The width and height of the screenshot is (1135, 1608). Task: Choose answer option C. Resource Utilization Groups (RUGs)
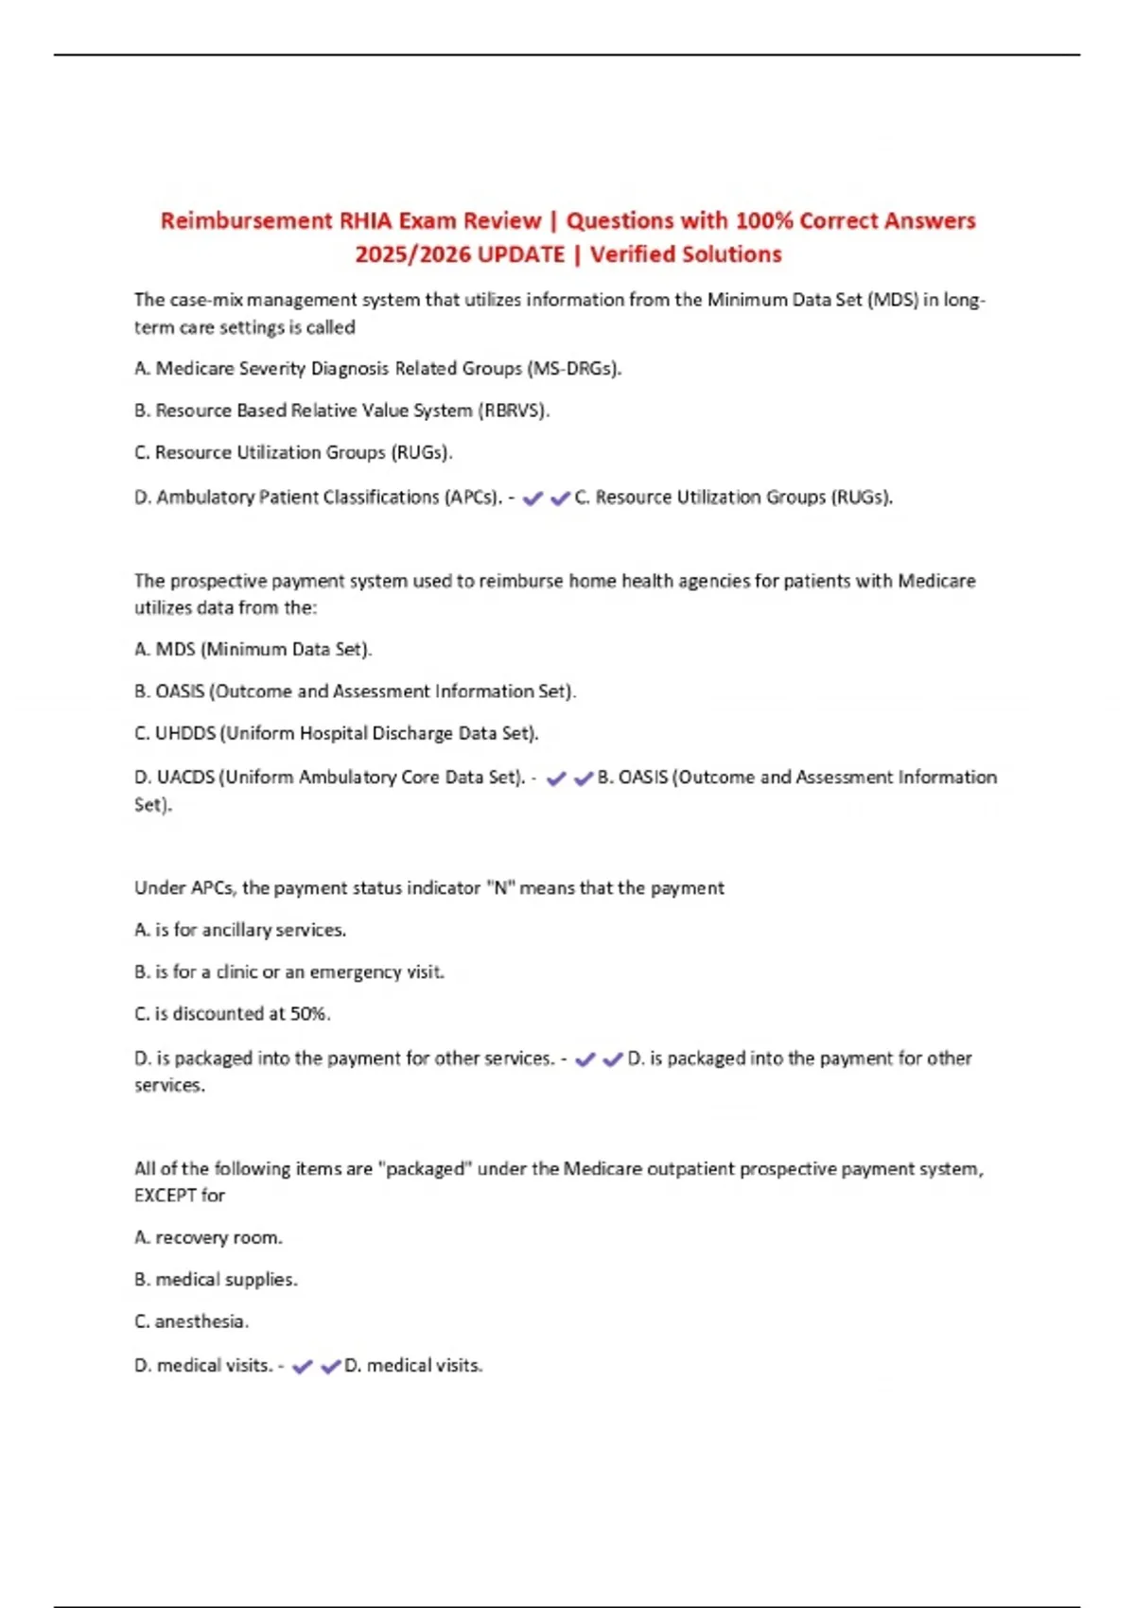[293, 452]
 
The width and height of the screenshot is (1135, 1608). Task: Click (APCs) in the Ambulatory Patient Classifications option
[473, 498]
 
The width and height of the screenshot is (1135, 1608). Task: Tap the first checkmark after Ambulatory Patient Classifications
[533, 498]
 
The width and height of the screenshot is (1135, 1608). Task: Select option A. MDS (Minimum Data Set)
[253, 650]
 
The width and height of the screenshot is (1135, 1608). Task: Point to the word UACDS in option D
[185, 778]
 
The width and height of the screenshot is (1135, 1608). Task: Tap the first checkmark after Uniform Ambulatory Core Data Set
[556, 778]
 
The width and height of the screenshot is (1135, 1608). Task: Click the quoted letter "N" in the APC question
[498, 888]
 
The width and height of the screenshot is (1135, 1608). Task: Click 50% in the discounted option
[309, 1014]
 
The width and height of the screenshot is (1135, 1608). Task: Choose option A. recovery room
[208, 1237]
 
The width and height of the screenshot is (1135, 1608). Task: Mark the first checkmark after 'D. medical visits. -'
[303, 1367]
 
